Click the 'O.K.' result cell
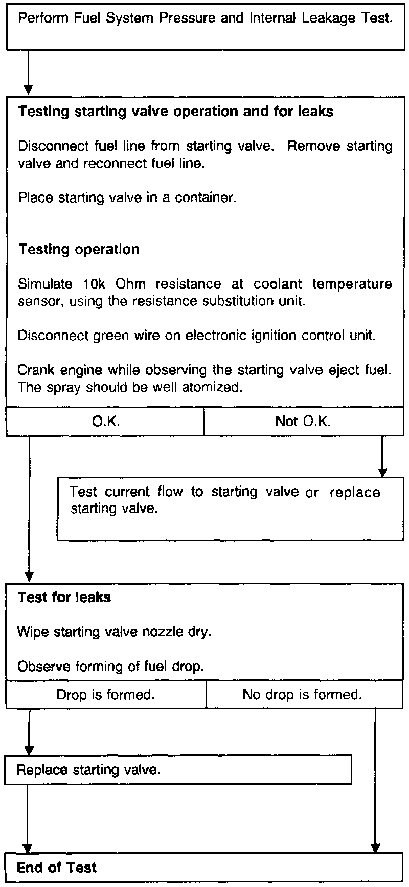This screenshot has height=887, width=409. click(105, 421)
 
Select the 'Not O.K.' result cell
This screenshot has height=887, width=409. click(303, 421)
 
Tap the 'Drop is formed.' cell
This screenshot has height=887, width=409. click(106, 695)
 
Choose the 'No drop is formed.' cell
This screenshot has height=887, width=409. click(303, 695)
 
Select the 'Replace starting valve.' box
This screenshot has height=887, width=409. click(178, 770)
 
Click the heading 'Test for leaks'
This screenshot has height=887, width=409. click(64, 597)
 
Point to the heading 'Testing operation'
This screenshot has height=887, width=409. click(79, 250)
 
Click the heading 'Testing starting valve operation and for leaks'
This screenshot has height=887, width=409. click(176, 112)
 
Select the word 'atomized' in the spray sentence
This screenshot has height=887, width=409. click(214, 388)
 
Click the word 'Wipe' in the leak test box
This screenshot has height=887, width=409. click(33, 632)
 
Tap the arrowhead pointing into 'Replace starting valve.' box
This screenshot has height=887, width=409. click(30, 750)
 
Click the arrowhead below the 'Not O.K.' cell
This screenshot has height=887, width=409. click(381, 471)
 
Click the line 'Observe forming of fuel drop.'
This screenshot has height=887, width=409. click(110, 667)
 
